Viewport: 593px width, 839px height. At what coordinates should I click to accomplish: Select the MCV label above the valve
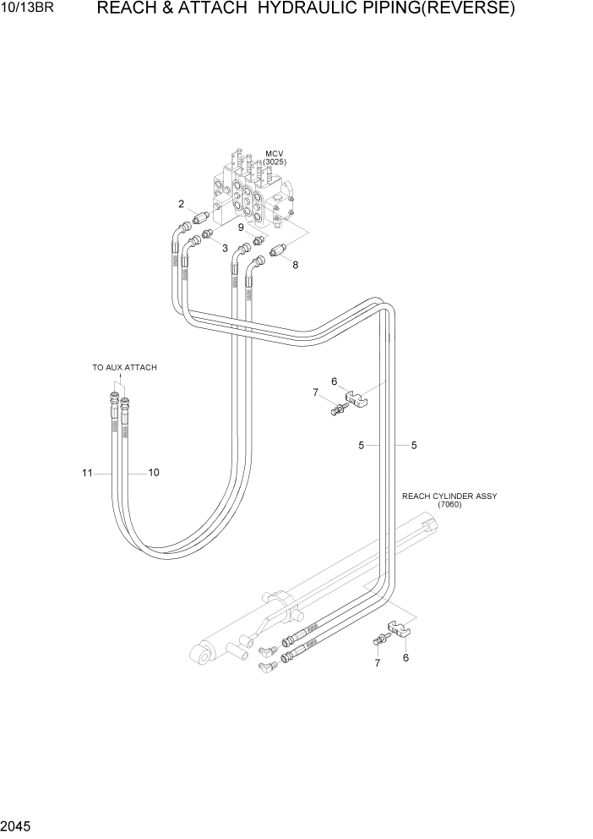[x=274, y=154]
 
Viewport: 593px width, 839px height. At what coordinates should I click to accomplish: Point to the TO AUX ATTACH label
[x=124, y=368]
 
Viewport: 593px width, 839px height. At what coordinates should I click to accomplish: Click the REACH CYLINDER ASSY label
[x=449, y=496]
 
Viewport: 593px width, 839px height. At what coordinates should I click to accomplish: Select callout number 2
[x=181, y=204]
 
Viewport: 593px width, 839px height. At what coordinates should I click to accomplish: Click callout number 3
[x=225, y=248]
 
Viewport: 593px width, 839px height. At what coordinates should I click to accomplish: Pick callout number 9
[x=241, y=227]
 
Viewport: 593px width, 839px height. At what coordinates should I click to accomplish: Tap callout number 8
[x=295, y=265]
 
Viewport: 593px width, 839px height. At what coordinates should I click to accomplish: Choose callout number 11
[x=86, y=474]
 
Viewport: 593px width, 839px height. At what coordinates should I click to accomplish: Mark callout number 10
[x=154, y=473]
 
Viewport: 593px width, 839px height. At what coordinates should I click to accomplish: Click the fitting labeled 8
[x=280, y=250]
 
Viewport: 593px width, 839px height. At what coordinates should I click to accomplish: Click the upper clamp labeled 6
[x=356, y=396]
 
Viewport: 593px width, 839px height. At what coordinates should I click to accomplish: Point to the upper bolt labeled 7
[x=339, y=411]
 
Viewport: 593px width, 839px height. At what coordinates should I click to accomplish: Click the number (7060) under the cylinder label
[x=449, y=506]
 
